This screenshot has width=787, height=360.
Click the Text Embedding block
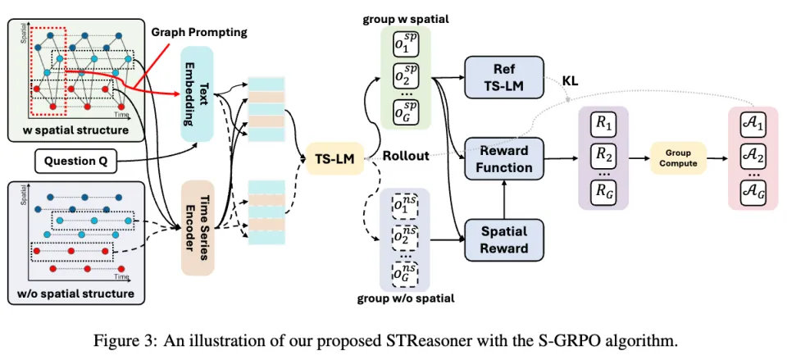pyautogui.click(x=197, y=99)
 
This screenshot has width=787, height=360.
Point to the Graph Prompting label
pyautogui.click(x=200, y=33)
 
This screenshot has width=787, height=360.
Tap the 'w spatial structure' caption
pyautogui.click(x=69, y=130)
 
